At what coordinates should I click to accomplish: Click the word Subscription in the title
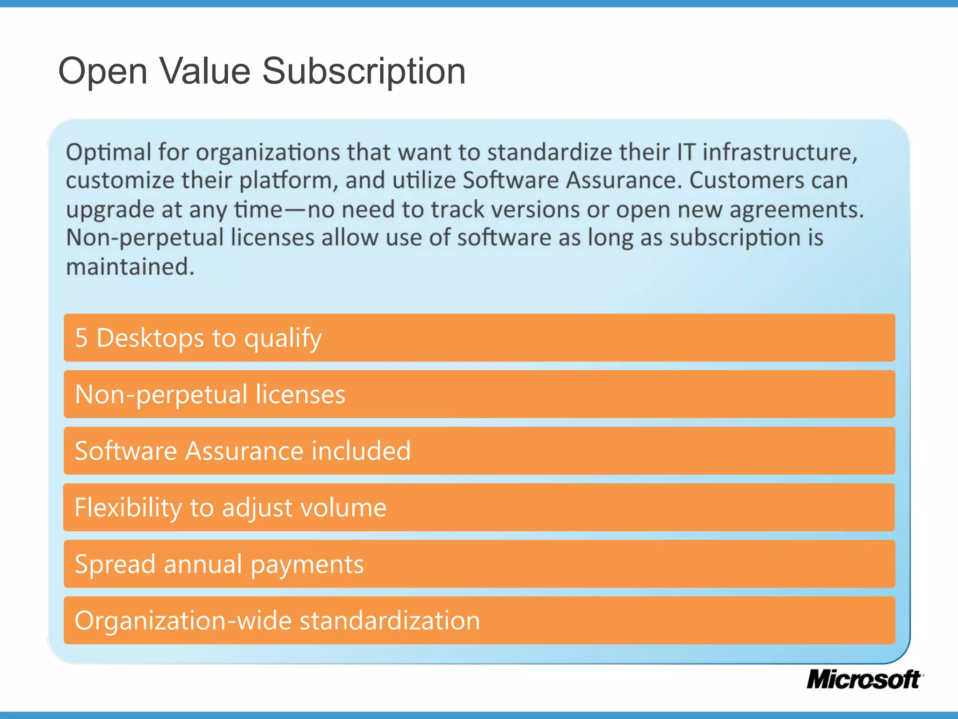point(363,71)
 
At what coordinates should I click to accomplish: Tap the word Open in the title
point(102,71)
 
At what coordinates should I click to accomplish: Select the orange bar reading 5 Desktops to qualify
point(479,337)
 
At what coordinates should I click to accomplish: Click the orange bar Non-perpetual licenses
point(479,394)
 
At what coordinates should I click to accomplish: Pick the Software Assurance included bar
point(479,451)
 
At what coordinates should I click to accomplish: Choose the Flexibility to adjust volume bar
point(479,507)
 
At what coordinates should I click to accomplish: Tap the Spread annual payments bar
point(479,564)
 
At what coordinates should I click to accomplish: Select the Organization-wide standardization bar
point(479,621)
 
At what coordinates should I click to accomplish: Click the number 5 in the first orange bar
point(81,338)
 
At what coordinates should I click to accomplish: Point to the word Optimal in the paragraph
point(109,153)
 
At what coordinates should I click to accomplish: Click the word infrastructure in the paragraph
point(780,153)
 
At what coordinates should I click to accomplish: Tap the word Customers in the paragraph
point(746,181)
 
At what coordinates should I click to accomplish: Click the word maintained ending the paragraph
point(130,267)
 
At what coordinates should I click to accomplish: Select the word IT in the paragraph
point(686,153)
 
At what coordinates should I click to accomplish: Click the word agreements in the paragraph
point(796,210)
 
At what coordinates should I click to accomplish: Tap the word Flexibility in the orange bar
point(128,508)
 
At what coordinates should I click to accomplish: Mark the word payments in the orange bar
point(307,565)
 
